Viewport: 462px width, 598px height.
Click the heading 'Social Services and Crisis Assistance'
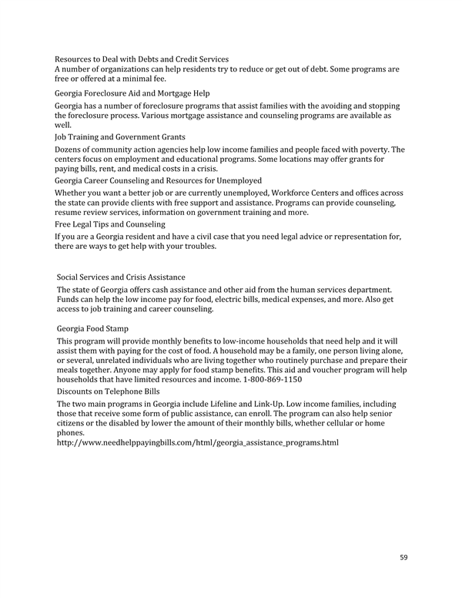tap(122, 277)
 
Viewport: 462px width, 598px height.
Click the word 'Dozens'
tap(70, 149)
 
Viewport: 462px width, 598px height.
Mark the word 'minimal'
tap(149, 80)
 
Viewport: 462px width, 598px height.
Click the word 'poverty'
tap(385, 149)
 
